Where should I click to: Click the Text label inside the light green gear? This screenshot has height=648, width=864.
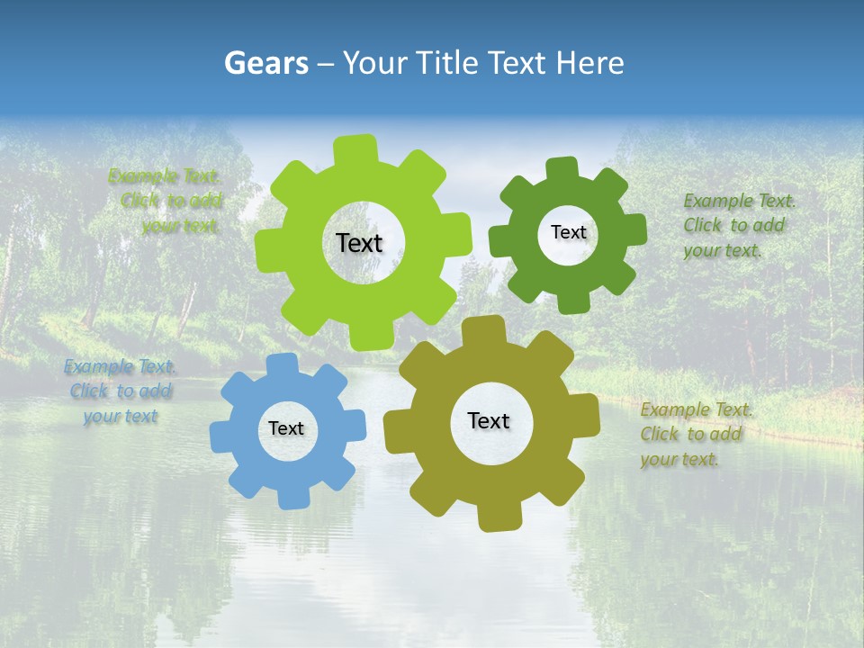(359, 243)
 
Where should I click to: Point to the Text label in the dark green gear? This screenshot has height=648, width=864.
(568, 232)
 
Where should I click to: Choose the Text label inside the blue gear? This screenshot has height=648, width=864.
(286, 429)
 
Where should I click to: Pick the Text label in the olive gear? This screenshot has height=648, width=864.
(489, 420)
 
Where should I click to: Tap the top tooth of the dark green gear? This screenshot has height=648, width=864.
(561, 169)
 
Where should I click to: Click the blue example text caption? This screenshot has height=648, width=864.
(120, 391)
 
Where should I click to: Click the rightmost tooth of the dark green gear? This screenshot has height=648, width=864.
(634, 229)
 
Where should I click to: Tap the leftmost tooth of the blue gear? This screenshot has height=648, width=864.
(221, 437)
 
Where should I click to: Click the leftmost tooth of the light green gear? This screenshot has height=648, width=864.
(268, 252)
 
